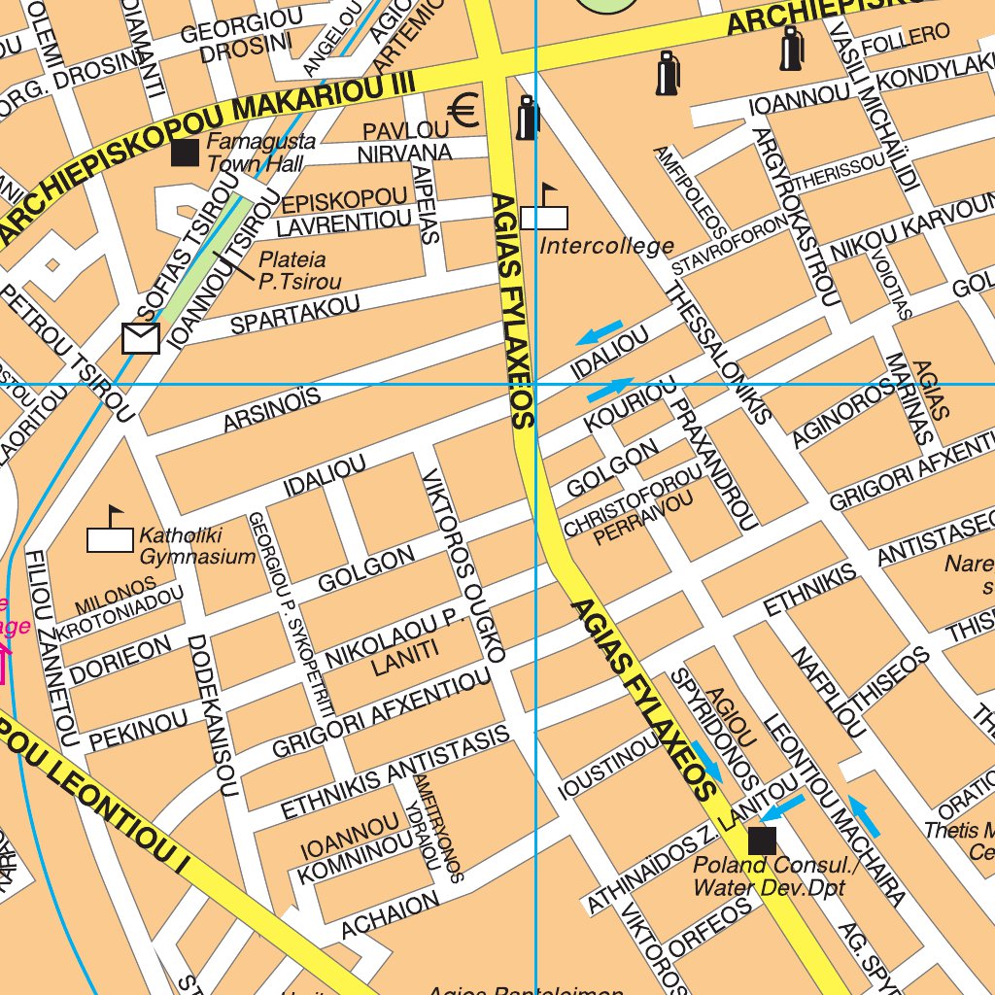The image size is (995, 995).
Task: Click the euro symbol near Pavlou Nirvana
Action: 464,112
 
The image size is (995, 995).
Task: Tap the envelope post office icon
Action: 141,338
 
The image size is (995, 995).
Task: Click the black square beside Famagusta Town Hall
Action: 185,153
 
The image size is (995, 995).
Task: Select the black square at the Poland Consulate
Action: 762,841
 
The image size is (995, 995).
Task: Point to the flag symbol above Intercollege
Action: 544,210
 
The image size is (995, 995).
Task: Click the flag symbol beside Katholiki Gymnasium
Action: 110,532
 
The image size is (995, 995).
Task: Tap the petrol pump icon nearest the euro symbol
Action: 528,118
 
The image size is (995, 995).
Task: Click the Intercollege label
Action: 606,245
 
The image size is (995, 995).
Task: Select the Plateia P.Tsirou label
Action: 299,271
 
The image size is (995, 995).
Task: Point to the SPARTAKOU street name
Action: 294,316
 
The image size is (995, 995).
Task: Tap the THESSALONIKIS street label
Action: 719,354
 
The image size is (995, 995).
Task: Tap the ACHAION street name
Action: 390,916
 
